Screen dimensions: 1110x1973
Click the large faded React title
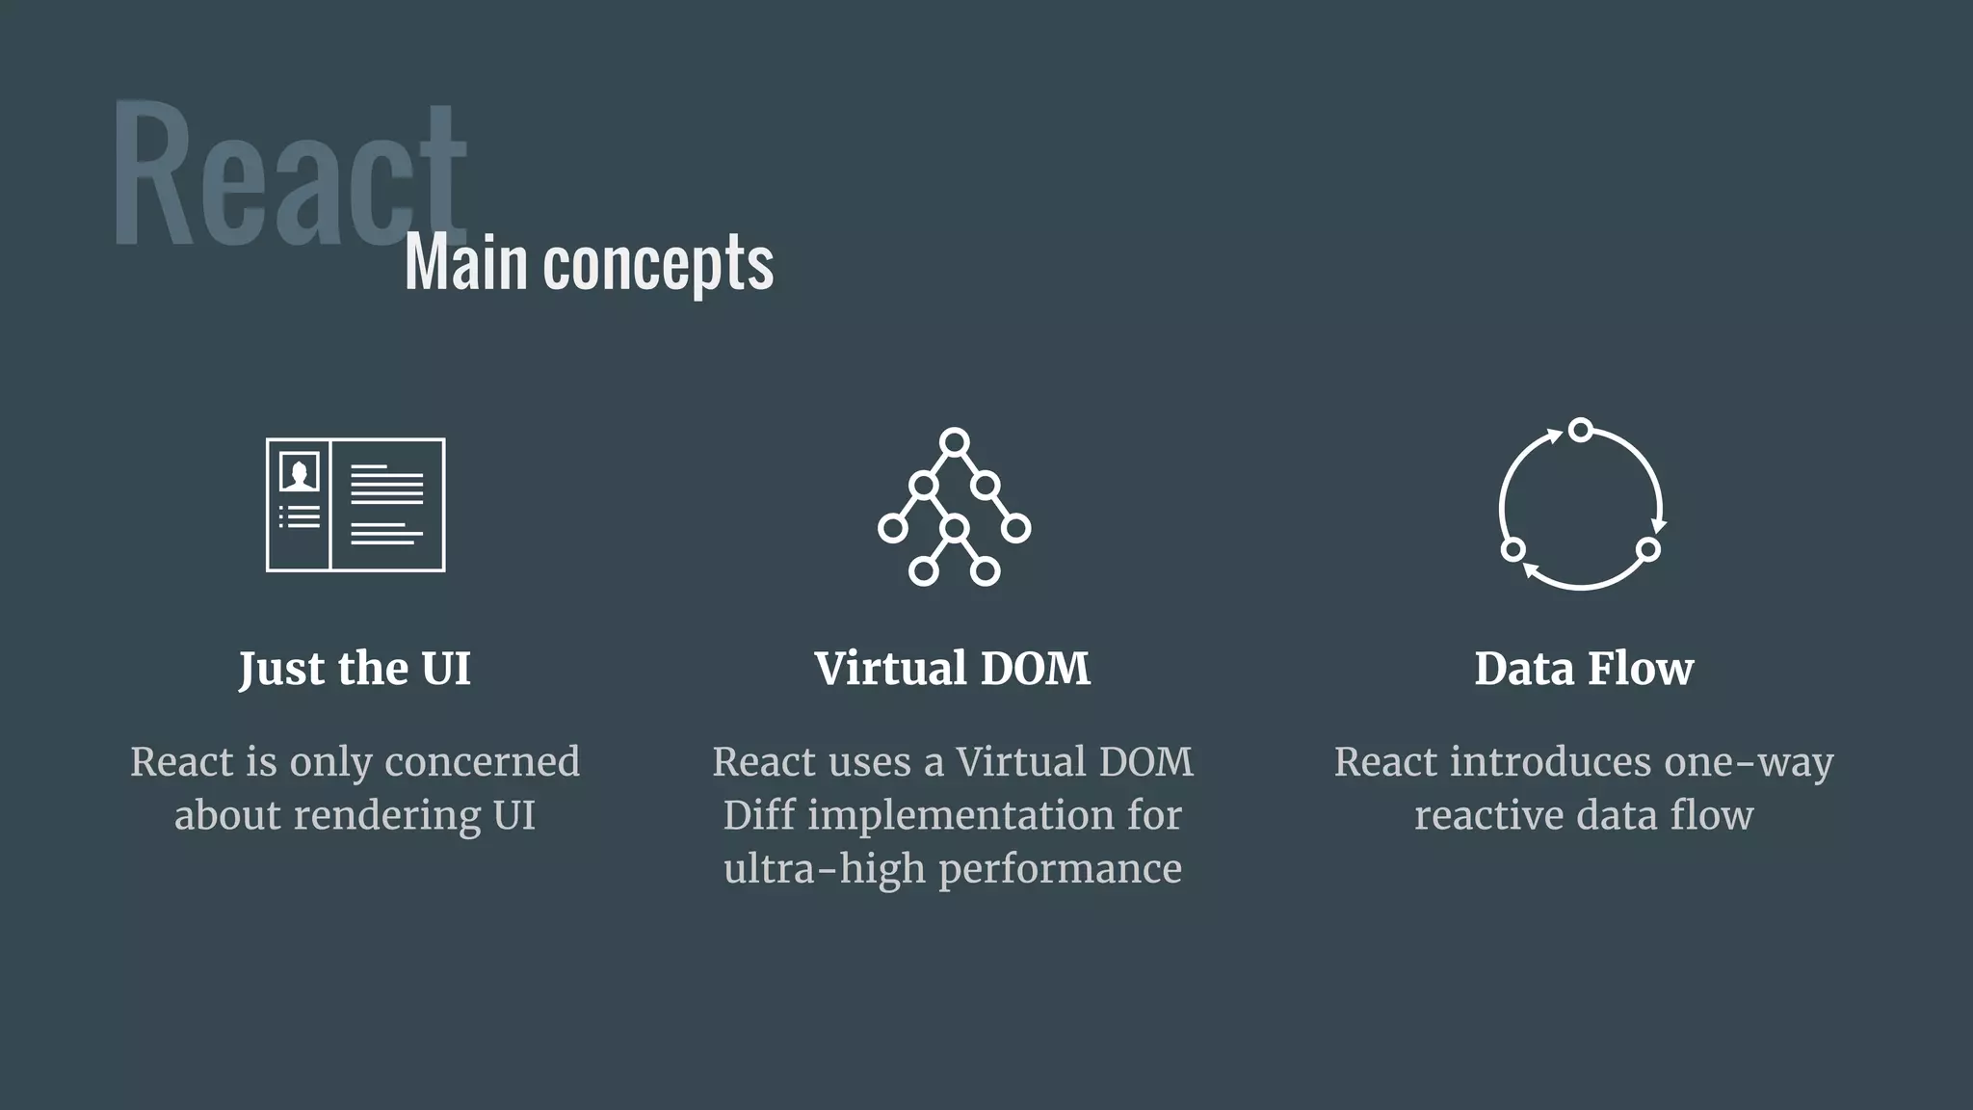click(x=289, y=173)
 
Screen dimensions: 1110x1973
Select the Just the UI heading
click(x=355, y=669)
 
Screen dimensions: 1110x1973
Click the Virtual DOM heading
click(x=952, y=669)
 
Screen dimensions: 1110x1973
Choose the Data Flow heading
click(x=1583, y=669)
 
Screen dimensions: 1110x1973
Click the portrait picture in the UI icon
click(x=299, y=472)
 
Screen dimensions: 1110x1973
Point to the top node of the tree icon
click(x=954, y=442)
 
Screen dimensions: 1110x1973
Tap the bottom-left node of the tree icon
click(x=923, y=571)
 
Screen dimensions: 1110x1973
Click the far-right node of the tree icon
click(x=1015, y=528)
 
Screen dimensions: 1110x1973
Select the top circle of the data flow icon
click(x=1580, y=430)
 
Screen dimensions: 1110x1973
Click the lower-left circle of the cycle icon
click(x=1513, y=549)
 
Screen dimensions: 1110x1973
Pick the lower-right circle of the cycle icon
click(x=1647, y=549)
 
